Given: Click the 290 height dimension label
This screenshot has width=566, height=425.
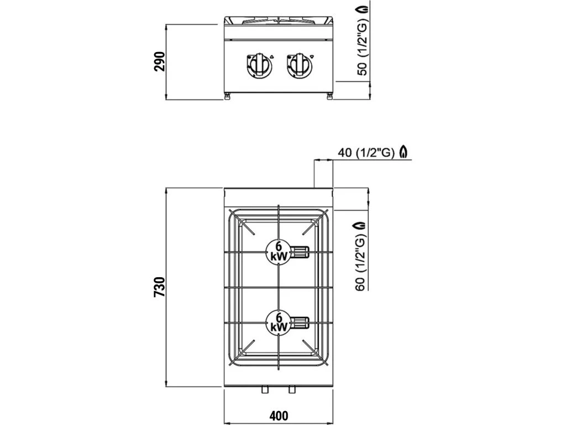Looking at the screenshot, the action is [160, 62].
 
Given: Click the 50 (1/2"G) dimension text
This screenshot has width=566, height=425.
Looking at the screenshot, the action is [362, 46].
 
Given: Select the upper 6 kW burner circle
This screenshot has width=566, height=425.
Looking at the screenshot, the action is [279, 252].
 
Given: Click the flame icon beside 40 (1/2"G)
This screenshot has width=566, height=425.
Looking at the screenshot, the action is [405, 152].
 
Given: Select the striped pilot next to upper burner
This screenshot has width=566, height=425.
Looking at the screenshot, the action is [301, 252].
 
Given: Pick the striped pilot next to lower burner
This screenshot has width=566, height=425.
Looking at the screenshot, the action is [301, 322].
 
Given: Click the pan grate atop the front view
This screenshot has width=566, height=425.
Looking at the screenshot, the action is [279, 21].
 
